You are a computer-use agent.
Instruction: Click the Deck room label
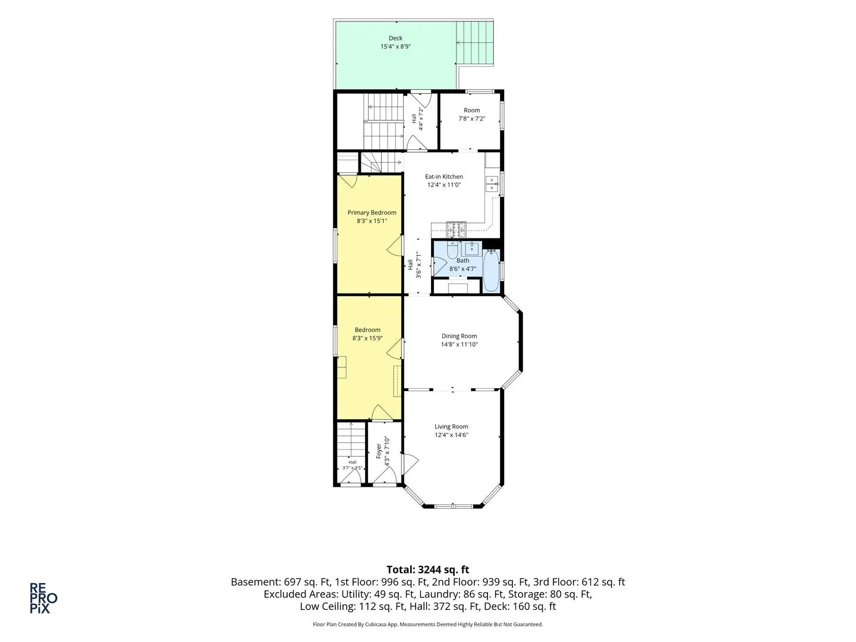[395, 38]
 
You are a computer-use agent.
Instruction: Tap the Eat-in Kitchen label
[444, 177]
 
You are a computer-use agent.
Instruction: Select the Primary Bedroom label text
[372, 212]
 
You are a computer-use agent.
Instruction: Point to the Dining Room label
[459, 336]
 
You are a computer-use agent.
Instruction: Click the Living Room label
[451, 427]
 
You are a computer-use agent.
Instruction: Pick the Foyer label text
[378, 451]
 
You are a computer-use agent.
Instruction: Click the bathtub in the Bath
[492, 271]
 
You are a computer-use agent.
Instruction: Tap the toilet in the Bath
[452, 250]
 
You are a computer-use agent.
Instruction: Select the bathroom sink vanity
[471, 248]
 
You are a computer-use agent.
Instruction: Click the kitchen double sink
[492, 184]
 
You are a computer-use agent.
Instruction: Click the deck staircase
[474, 43]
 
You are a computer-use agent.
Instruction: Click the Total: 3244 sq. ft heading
[428, 569]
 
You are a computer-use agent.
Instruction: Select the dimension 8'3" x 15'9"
[367, 338]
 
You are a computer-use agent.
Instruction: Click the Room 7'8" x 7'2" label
[472, 115]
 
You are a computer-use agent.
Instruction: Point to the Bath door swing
[439, 266]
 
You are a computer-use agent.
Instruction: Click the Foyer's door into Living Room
[410, 464]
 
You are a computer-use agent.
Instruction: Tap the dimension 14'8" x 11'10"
[459, 345]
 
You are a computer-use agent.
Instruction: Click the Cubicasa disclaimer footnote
[428, 624]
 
